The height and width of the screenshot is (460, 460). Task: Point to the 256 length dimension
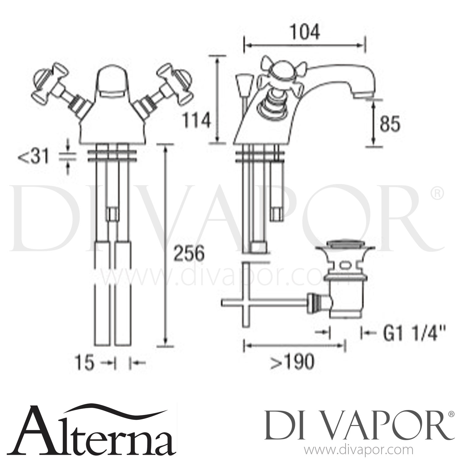[188, 253]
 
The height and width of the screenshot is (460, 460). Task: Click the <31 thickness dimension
[34, 157]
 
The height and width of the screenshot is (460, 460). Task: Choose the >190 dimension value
[292, 362]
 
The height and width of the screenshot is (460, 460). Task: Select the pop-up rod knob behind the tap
[240, 82]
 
